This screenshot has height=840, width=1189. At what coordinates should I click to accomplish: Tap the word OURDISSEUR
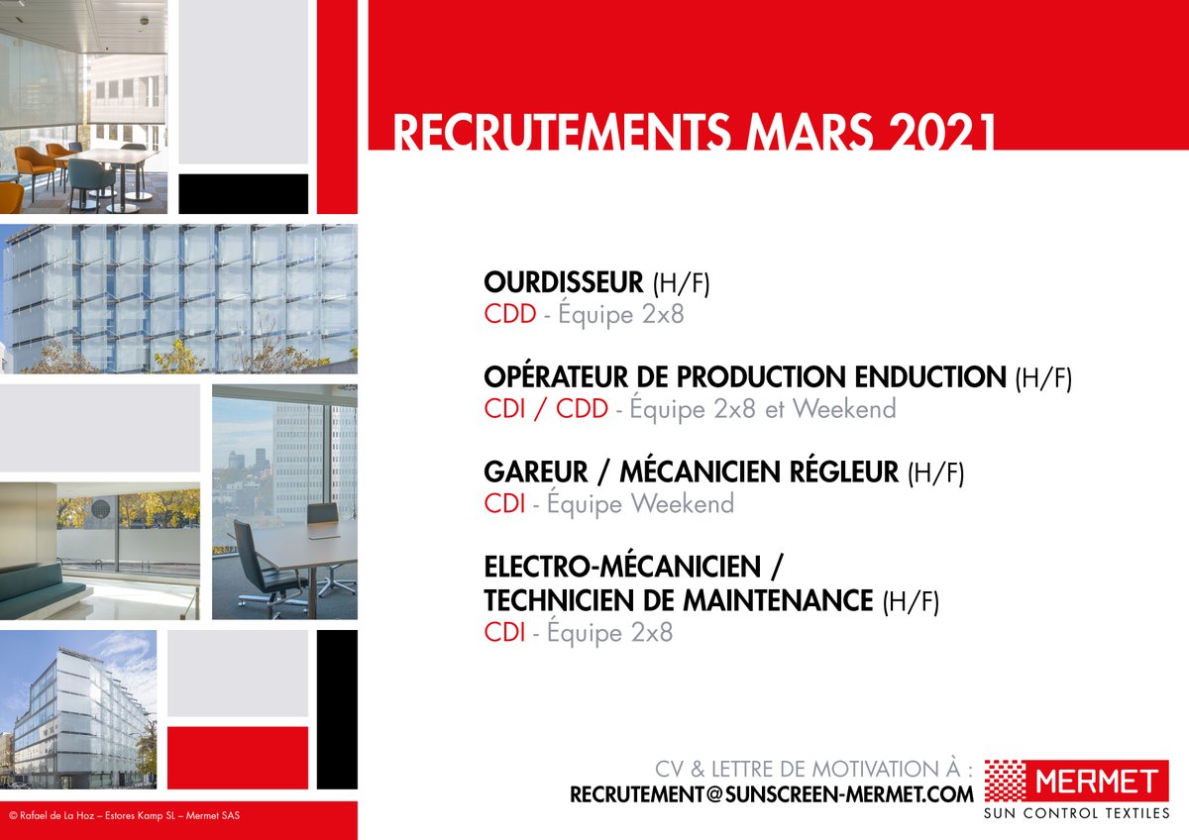[x=563, y=283]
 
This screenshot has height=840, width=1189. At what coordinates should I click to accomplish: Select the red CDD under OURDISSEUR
[x=509, y=315]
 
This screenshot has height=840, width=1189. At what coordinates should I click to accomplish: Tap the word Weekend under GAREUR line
[x=683, y=504]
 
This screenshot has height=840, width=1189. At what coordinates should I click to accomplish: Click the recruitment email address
[x=771, y=794]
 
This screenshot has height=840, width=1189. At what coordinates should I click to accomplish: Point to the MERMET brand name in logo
[x=1096, y=782]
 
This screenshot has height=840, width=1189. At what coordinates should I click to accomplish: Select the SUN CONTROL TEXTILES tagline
[x=1076, y=814]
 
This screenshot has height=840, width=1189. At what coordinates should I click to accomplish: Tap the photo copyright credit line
[x=124, y=816]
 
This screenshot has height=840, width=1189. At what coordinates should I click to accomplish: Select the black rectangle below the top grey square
[x=243, y=193]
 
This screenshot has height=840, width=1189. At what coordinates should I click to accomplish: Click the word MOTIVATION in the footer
[x=877, y=770]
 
